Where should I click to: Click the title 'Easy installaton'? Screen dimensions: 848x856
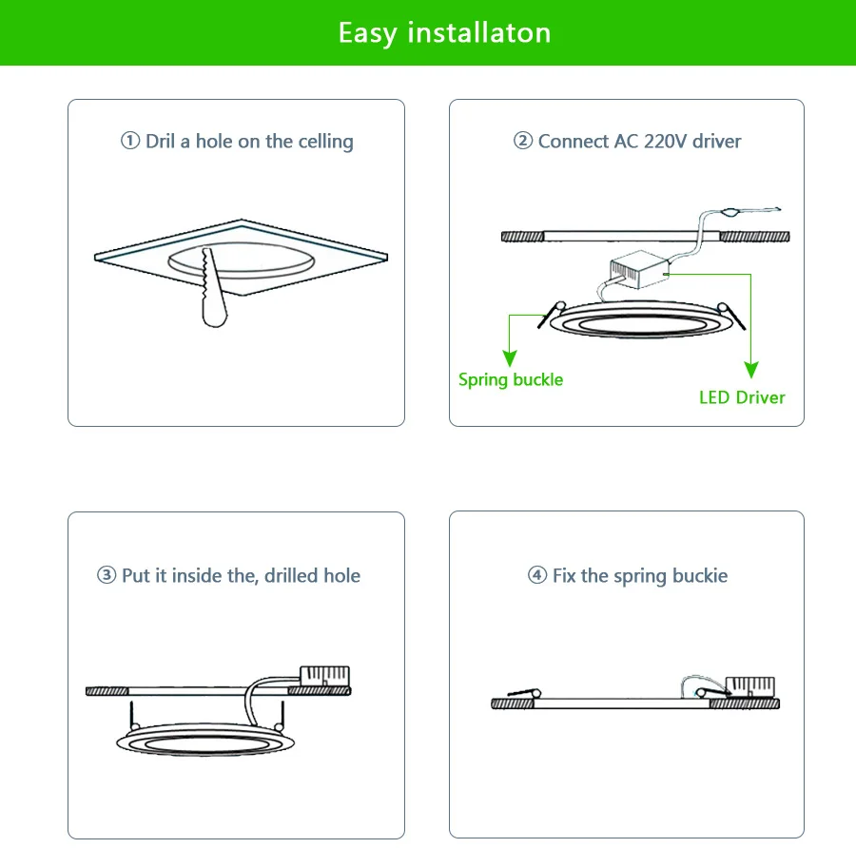(x=444, y=33)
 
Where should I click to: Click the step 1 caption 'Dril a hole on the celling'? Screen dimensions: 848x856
(x=237, y=142)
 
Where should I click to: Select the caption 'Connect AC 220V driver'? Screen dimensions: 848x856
(x=627, y=142)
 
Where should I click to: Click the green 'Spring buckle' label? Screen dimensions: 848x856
(x=511, y=380)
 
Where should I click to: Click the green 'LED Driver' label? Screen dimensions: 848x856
(x=742, y=397)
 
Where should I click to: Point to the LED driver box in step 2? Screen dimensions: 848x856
(x=638, y=271)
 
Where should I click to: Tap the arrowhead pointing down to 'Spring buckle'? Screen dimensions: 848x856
(x=511, y=357)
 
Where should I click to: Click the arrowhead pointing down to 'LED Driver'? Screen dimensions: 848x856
(x=751, y=371)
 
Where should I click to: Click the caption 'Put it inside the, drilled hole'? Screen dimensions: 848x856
(x=229, y=576)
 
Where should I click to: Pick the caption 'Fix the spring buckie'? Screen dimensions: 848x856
(x=628, y=576)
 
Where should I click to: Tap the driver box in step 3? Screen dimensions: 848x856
(x=324, y=676)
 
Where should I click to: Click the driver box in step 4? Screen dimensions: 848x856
(x=750, y=687)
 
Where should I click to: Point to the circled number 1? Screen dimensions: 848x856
(x=130, y=142)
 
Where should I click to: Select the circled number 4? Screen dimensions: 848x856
(x=537, y=576)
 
